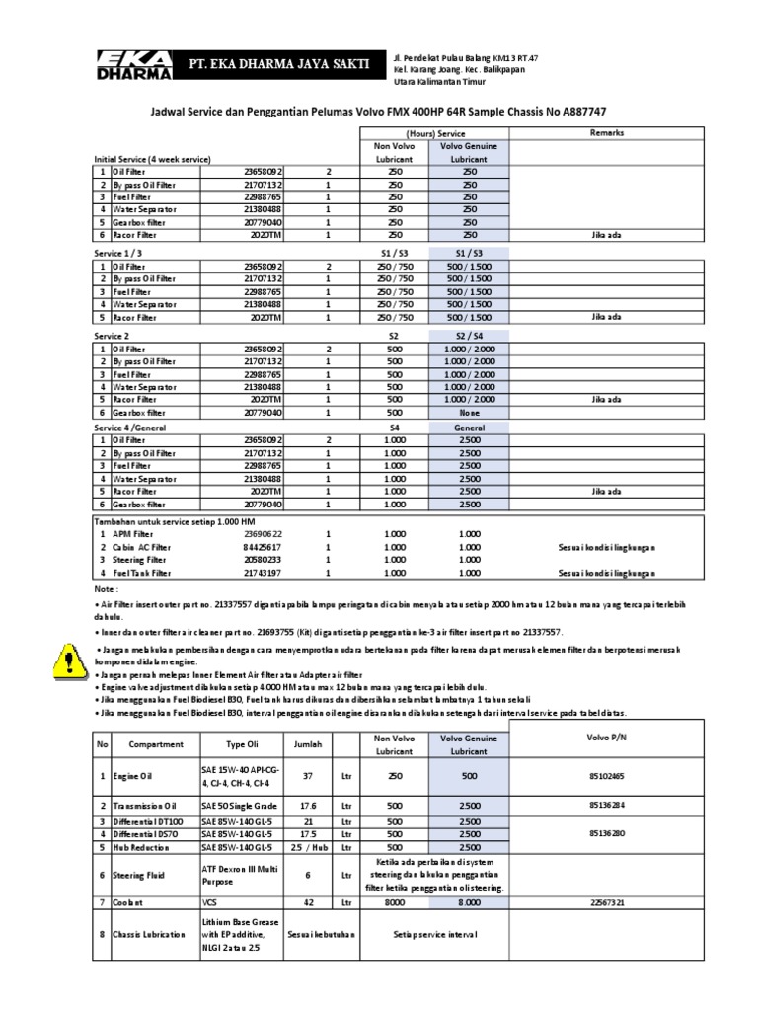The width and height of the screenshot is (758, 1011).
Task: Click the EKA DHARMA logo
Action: pos(132,65)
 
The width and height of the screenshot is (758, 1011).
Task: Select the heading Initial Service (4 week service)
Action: pos(152,159)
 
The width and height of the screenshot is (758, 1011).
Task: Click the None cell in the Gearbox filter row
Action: pos(469,412)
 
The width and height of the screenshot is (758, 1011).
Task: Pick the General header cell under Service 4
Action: pos(469,427)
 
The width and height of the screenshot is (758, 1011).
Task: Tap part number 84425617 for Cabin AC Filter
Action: pos(262,546)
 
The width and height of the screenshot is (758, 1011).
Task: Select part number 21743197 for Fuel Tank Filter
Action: pos(262,572)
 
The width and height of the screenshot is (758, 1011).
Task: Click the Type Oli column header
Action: pos(241,743)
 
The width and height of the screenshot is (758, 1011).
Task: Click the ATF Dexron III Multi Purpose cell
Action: pos(237,875)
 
